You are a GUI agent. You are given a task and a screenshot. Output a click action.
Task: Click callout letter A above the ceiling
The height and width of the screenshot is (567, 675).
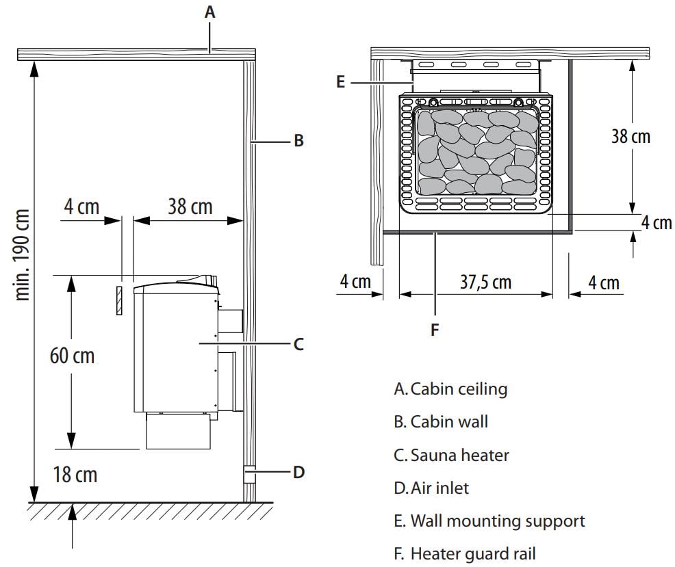(x=209, y=12)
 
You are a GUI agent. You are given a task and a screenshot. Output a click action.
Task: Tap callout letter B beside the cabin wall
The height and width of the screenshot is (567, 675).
(x=298, y=141)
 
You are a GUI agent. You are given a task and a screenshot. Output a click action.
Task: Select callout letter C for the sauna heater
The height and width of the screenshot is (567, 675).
(x=298, y=344)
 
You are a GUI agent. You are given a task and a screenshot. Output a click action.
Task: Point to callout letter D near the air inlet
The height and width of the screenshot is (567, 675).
(x=298, y=472)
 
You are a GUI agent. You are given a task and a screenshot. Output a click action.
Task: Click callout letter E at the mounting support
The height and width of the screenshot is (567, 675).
(x=340, y=82)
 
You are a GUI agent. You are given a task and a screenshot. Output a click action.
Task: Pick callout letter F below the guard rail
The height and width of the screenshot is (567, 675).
(x=435, y=330)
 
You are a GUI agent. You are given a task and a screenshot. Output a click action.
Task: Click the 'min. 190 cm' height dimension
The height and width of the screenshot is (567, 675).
(x=23, y=255)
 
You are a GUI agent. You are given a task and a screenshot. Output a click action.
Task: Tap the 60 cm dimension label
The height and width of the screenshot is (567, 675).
(x=72, y=356)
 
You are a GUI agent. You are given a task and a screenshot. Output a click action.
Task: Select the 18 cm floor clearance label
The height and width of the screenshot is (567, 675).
(x=75, y=475)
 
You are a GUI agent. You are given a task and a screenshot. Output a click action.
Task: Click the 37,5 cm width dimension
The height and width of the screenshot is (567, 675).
(x=485, y=282)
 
